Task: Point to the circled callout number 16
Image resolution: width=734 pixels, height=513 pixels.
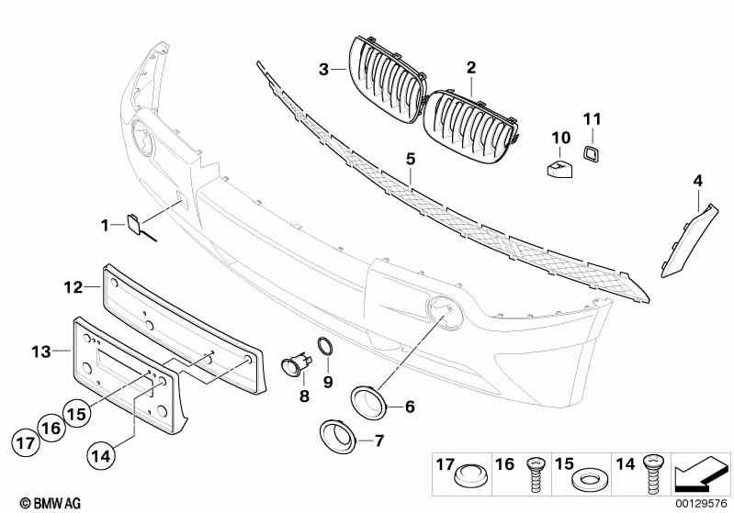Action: (52, 428)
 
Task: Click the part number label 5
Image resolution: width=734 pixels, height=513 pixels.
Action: (411, 159)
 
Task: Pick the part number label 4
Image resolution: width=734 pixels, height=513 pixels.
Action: (697, 182)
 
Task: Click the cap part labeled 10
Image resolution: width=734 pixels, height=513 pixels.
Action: (557, 166)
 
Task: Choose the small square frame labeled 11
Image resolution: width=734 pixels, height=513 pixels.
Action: (591, 153)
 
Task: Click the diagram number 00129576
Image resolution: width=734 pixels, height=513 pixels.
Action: (703, 502)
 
